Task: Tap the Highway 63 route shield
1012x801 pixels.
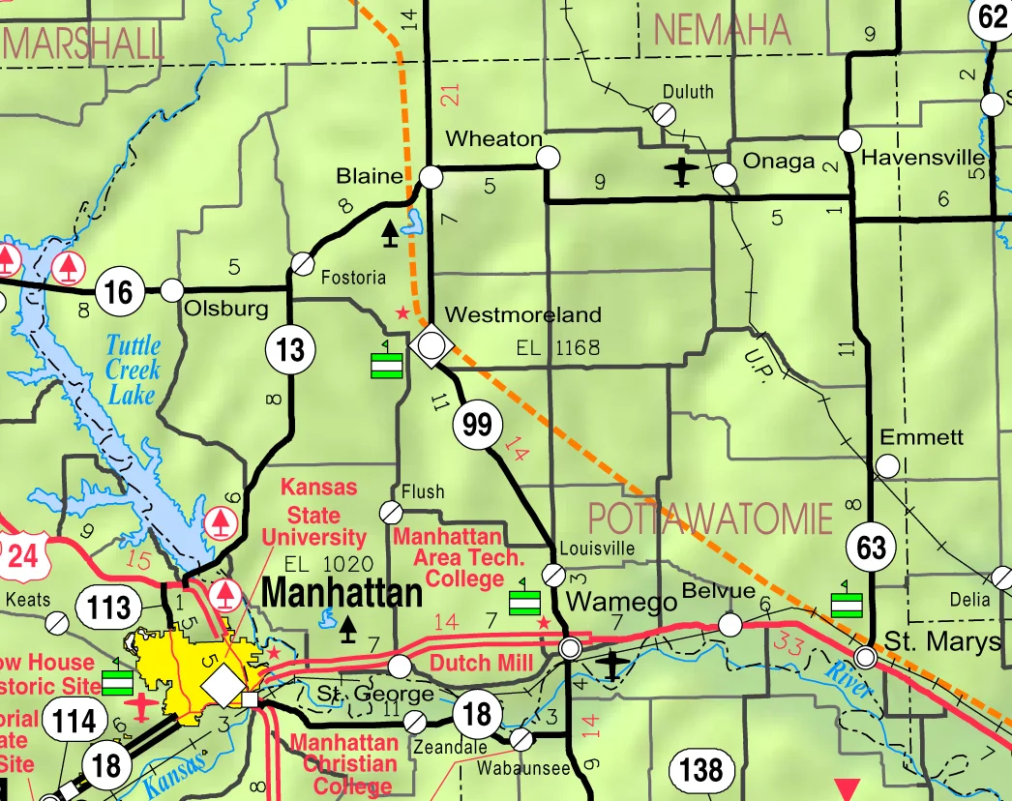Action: pyautogui.click(x=871, y=549)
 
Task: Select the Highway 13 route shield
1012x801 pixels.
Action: pyautogui.click(x=290, y=348)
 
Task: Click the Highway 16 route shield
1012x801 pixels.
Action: pyautogui.click(x=120, y=290)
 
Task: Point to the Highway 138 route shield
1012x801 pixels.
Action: pyautogui.click(x=700, y=770)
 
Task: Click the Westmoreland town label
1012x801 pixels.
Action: pyautogui.click(x=522, y=314)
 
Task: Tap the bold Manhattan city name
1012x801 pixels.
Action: pyautogui.click(x=342, y=592)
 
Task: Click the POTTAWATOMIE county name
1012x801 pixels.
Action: pyautogui.click(x=709, y=519)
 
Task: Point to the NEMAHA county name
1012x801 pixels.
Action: pyautogui.click(x=722, y=30)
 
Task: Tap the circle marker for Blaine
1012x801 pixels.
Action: pyautogui.click(x=432, y=177)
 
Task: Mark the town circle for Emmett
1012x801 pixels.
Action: pyautogui.click(x=886, y=466)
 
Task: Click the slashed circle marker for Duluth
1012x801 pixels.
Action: pyautogui.click(x=664, y=114)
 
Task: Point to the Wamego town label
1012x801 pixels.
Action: pyautogui.click(x=621, y=601)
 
